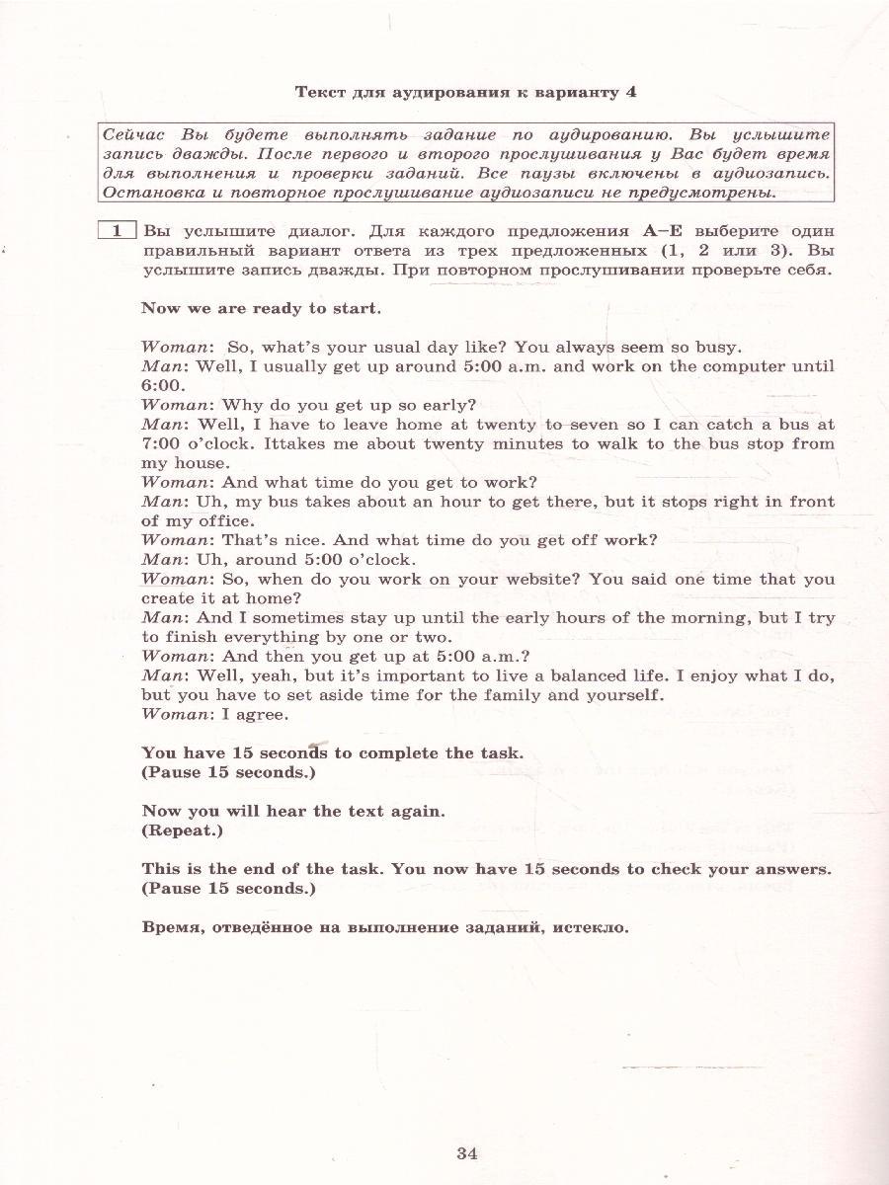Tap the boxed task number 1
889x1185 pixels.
tap(117, 231)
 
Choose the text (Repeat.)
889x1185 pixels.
tap(183, 830)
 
